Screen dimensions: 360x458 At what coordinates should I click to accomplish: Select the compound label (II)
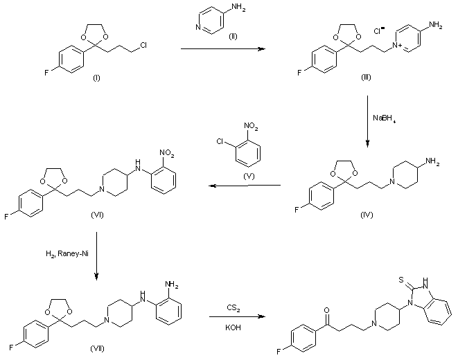[x=234, y=55]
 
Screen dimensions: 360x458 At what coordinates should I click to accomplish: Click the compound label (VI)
[x=96, y=215]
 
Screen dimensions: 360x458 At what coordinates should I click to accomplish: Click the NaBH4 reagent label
[x=385, y=118]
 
